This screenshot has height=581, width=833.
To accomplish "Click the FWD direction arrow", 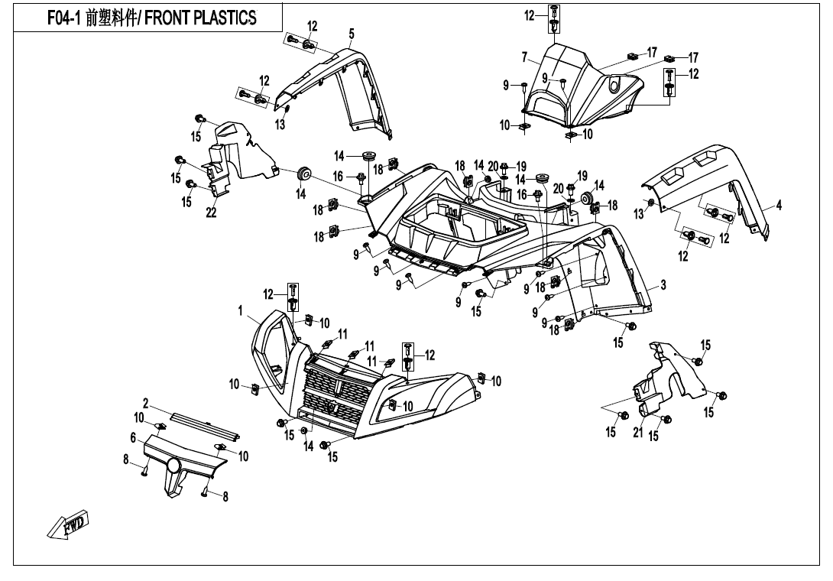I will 68,524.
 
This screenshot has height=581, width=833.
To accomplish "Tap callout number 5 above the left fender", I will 352,33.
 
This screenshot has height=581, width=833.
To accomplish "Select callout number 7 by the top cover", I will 525,57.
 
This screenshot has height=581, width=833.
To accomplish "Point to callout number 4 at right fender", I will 779,205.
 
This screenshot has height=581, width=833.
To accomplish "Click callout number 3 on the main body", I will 663,285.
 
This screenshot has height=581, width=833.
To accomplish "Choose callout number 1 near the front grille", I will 240,310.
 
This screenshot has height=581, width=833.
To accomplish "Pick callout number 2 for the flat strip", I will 145,403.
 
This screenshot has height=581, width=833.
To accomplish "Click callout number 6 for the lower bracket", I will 133,437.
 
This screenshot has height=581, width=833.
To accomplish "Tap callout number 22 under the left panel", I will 211,213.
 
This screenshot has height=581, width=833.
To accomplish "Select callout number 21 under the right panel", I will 637,433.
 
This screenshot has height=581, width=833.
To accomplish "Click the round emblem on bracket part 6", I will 174,466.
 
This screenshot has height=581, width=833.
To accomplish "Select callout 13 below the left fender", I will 280,125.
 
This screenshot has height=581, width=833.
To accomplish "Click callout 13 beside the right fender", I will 639,215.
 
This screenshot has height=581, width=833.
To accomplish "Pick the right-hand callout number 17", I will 693,57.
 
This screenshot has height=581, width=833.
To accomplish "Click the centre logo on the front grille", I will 335,405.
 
